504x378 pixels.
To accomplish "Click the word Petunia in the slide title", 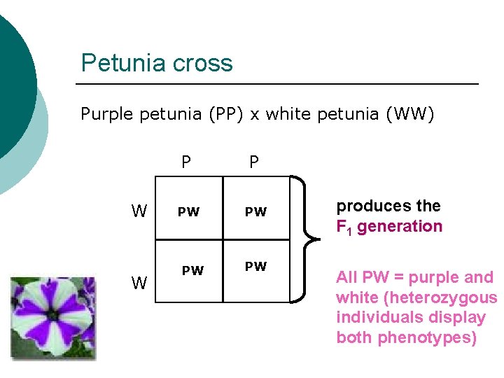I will coord(120,63).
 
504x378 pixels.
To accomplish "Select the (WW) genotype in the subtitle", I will coord(410,113).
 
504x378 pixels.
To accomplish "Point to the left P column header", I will coord(185,162).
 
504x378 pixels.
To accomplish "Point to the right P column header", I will coord(253,162).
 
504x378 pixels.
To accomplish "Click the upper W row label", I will coord(139,211).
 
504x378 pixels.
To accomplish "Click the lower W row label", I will coord(139,282).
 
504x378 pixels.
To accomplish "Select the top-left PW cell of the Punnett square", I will coord(188,212).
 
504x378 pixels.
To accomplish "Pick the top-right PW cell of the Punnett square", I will coord(255,212).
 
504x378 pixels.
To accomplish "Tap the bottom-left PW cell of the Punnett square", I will coord(192,270).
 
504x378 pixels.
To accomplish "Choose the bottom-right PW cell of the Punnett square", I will coord(255,267).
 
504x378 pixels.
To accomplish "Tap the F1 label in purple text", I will coord(344,227).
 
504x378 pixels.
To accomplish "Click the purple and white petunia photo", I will coord(53,318).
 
